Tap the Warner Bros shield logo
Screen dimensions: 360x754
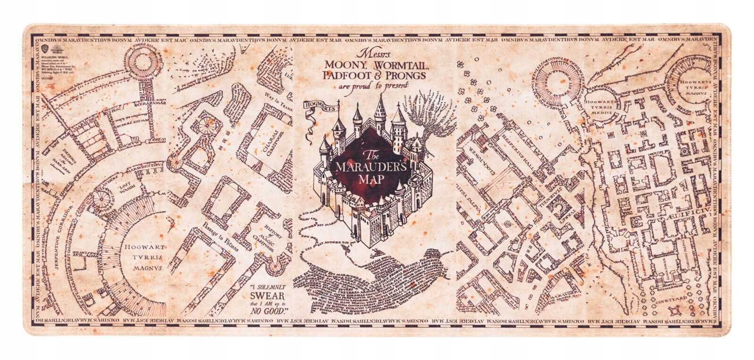pyautogui.click(x=45, y=48)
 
